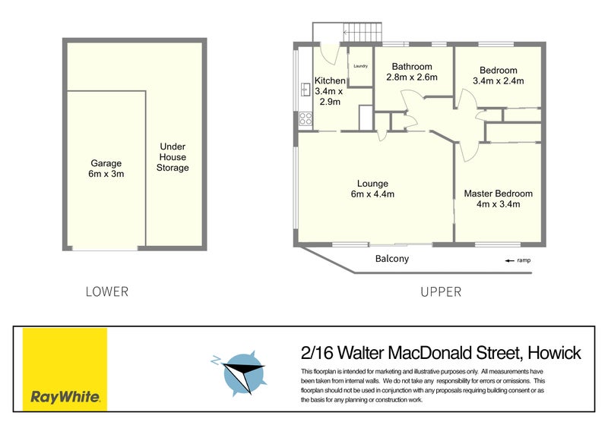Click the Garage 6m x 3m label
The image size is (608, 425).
[x=105, y=168]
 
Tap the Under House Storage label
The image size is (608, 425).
[x=173, y=157]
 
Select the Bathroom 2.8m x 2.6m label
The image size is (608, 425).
[x=411, y=72]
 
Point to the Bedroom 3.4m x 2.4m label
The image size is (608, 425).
[x=498, y=76]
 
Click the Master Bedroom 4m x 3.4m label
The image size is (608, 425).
[x=498, y=199]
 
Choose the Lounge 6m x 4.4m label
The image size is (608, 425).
[x=372, y=189]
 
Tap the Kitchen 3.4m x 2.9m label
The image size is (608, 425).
[x=330, y=91]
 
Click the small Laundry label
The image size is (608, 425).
[x=360, y=66]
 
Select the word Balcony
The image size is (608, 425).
[x=392, y=259]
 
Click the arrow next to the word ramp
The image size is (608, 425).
[x=508, y=261]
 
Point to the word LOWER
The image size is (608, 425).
[x=107, y=291]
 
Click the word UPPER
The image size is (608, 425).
[x=440, y=291]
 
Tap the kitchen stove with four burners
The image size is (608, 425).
[x=305, y=118]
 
